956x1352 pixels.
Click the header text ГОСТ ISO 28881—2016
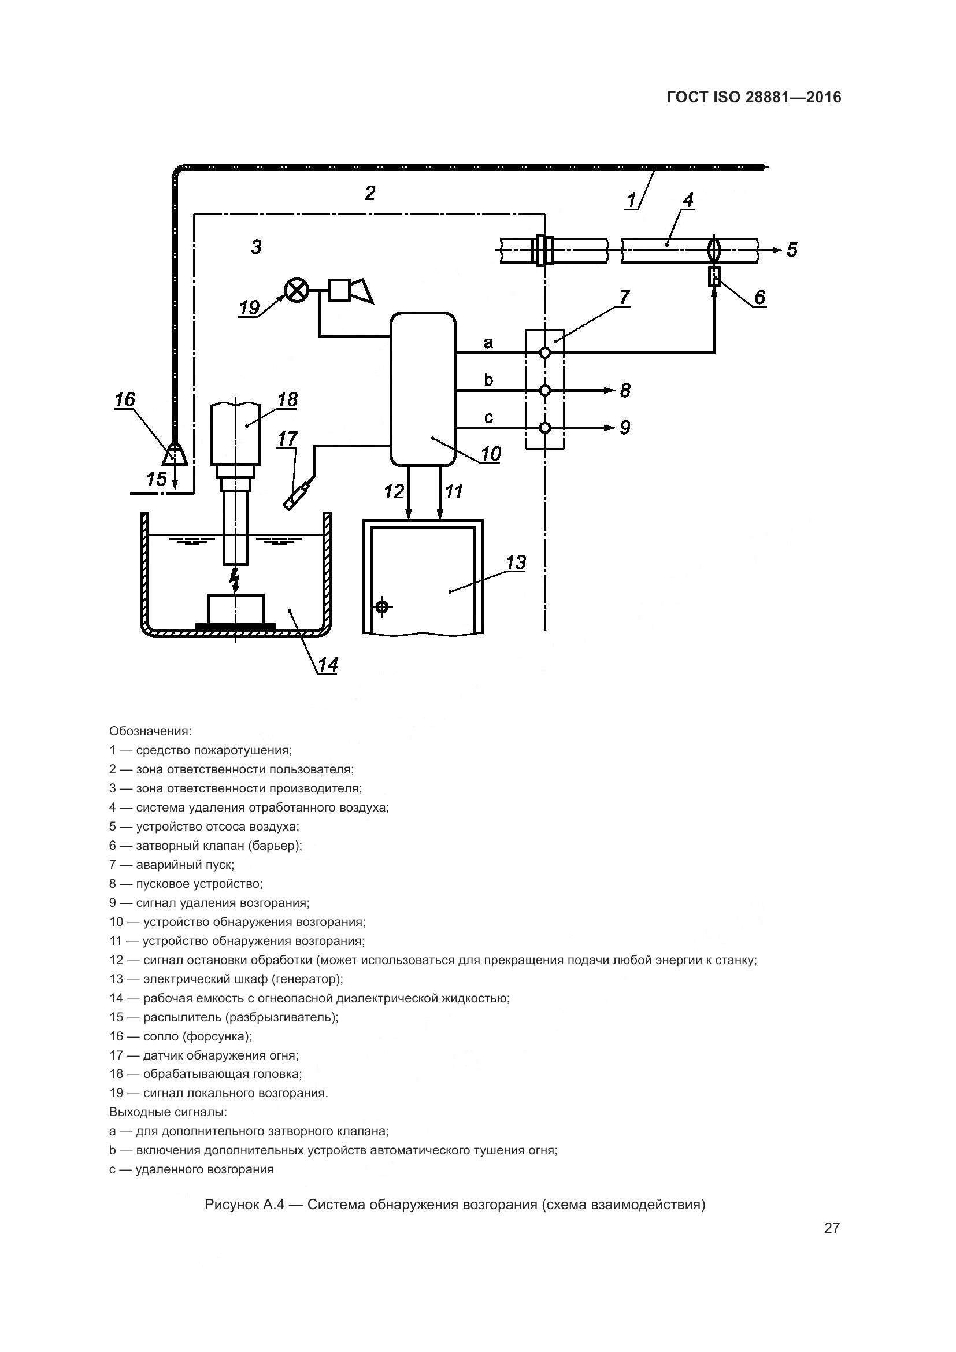[x=754, y=97]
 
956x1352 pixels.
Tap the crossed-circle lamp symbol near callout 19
[x=296, y=290]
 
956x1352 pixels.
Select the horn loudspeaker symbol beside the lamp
[x=351, y=291]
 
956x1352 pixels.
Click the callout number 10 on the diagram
[x=490, y=454]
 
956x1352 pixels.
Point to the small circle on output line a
[x=545, y=353]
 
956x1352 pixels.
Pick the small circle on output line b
[x=545, y=390]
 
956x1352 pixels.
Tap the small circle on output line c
[x=545, y=428]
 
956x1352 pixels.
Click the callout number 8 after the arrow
[x=625, y=390]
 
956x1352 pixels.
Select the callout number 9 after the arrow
[x=625, y=427]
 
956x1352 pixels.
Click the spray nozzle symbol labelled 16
[x=175, y=454]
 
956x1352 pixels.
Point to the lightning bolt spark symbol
[x=235, y=579]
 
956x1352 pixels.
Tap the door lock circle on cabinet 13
[x=382, y=606]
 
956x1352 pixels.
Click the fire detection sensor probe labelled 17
[x=298, y=495]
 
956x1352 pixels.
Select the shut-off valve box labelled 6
[x=714, y=276]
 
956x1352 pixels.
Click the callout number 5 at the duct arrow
[x=792, y=250]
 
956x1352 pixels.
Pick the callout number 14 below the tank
[x=328, y=665]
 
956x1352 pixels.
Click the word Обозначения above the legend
[x=150, y=731]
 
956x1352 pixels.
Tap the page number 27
[x=831, y=1228]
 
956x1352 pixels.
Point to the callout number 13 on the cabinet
[x=515, y=563]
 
